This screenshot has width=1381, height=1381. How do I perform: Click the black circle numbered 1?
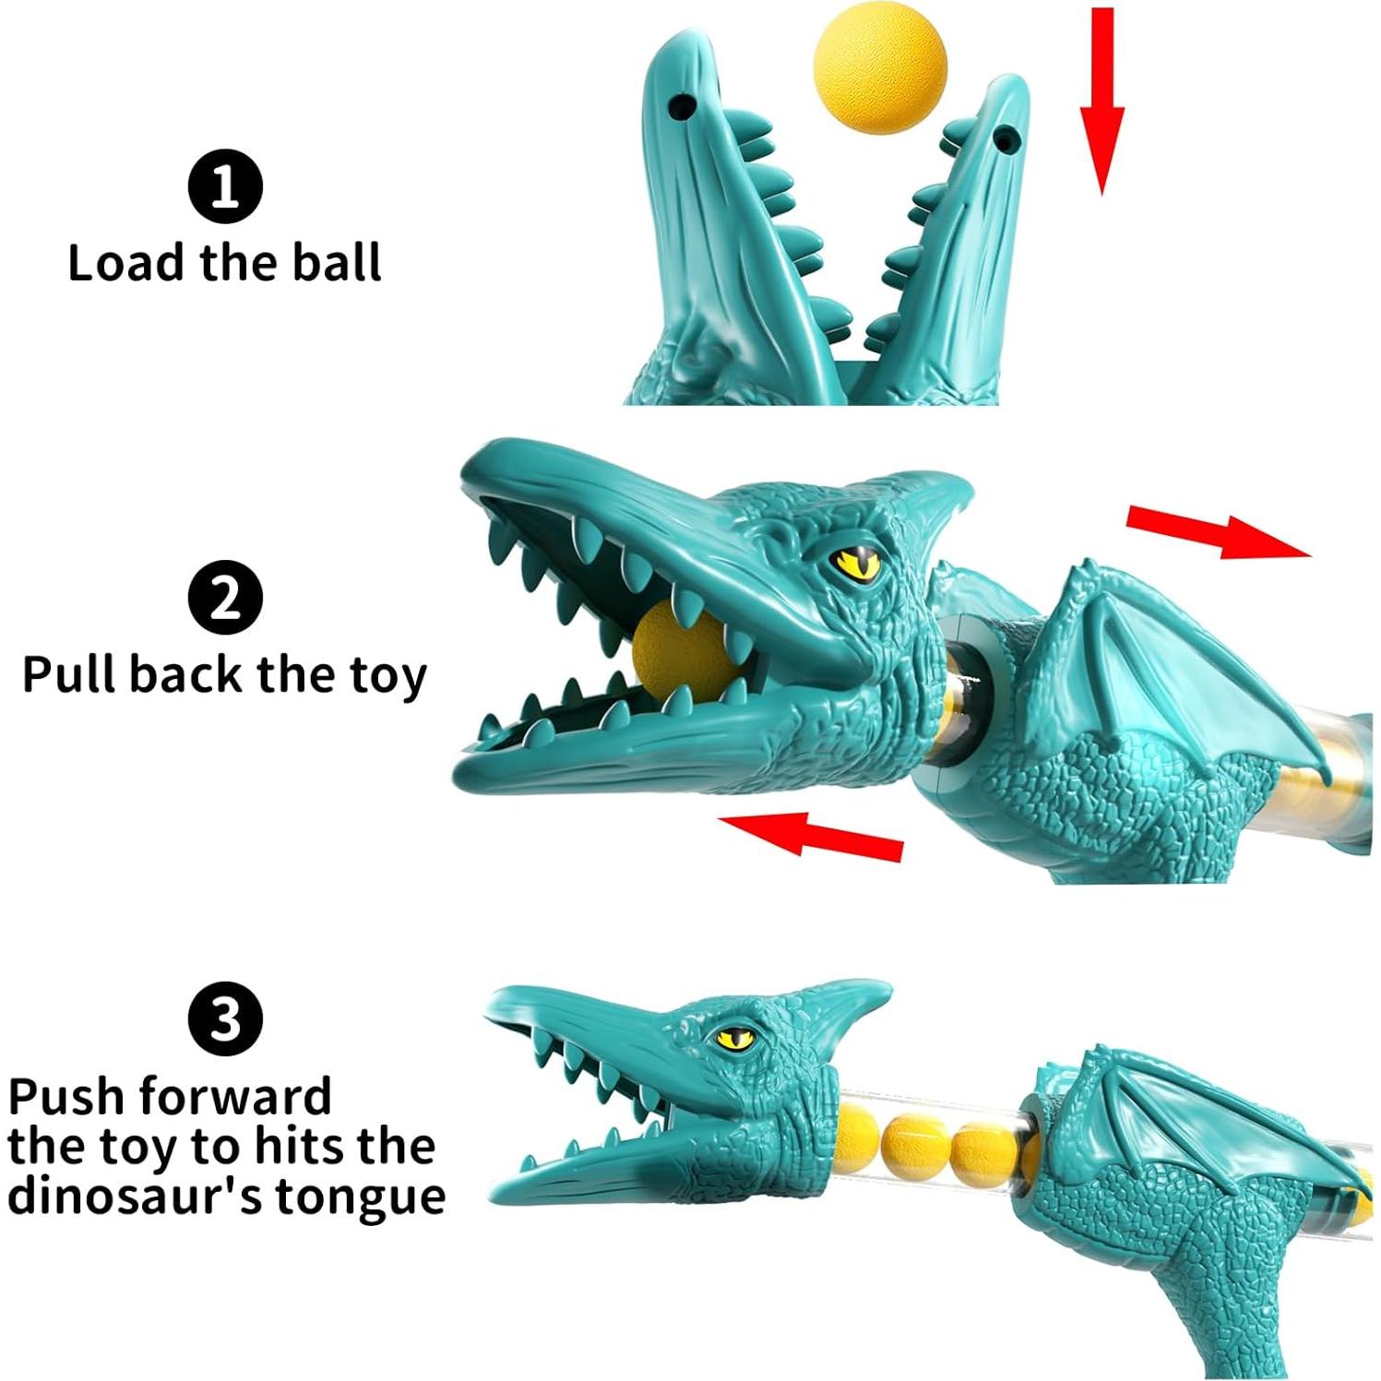(x=225, y=186)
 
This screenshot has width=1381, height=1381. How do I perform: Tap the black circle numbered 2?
(x=225, y=597)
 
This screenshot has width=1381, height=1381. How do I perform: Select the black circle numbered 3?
(x=225, y=1018)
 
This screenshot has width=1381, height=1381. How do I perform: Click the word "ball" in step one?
(x=337, y=262)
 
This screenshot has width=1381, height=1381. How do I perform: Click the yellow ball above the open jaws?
(x=880, y=66)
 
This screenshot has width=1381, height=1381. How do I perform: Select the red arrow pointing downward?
(x=1101, y=101)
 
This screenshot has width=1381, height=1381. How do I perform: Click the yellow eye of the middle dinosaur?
(x=857, y=562)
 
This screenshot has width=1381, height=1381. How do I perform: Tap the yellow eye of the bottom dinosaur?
(x=734, y=1037)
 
